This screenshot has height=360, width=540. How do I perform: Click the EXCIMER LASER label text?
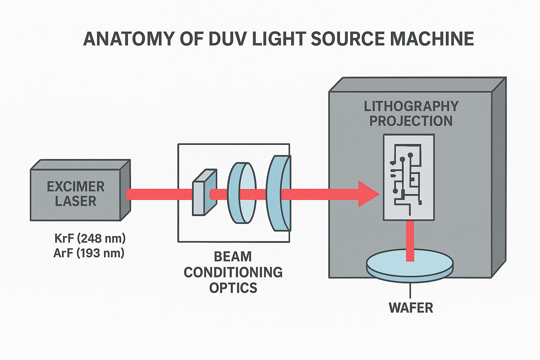click(76, 194)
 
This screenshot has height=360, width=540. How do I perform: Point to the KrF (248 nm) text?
click(90, 238)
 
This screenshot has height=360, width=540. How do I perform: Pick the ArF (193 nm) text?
click(89, 253)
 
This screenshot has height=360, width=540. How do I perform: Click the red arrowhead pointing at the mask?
click(368, 194)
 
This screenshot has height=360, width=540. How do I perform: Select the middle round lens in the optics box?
click(242, 193)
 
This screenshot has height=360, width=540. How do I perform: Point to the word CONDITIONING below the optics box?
click(233, 272)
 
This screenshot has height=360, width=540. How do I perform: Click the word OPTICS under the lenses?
click(233, 288)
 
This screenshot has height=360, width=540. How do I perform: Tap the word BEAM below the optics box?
click(233, 257)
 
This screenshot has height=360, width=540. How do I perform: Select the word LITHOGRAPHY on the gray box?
click(411, 106)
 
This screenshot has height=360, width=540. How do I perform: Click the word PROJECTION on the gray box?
click(411, 121)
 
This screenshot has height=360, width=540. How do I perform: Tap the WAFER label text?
click(411, 308)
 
